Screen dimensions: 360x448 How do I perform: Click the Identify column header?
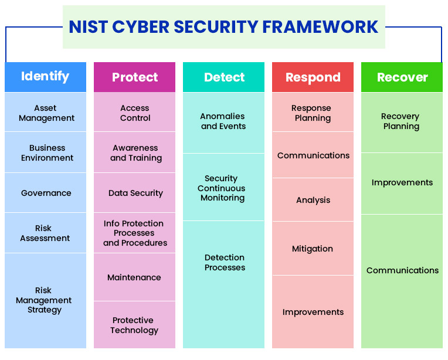coord(45,77)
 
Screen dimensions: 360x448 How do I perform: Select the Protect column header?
coord(134,77)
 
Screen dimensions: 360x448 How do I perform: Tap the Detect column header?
coord(223,77)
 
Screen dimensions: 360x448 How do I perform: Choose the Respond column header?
coord(313,77)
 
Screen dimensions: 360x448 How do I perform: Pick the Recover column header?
coord(402,77)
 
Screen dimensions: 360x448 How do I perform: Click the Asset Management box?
coord(46,113)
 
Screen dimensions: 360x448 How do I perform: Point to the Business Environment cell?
coord(46,152)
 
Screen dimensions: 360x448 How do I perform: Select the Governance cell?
coord(46,193)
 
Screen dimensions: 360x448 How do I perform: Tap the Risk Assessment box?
coord(46,233)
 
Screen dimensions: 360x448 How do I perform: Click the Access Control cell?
coord(135,113)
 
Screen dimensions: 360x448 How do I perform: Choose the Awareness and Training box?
coord(135,152)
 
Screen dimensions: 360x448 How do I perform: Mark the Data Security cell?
coord(135,193)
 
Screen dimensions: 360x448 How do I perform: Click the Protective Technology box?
coord(135,325)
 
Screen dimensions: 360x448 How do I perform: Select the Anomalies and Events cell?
coord(223,121)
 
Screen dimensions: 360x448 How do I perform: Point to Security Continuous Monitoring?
coord(223,188)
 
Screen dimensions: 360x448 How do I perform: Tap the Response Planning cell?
coord(313,113)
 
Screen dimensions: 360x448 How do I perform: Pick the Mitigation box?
coord(313,249)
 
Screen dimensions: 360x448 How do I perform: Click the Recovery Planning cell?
coord(402,121)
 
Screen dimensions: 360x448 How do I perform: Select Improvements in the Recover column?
coord(402,182)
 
